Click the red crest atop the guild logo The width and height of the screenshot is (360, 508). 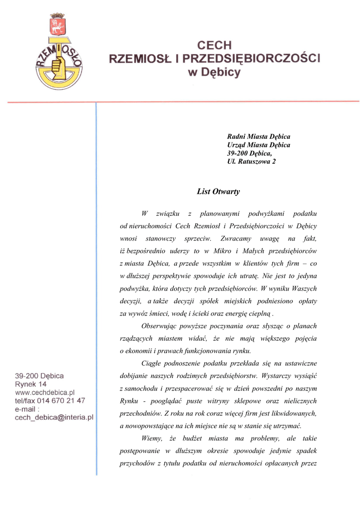58,24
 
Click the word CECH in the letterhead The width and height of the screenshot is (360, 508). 215,46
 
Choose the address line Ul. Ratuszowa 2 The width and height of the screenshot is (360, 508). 251,161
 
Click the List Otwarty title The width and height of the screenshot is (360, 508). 218,191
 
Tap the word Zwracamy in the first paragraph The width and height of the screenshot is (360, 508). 236,239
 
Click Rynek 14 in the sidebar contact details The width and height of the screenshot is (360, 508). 31,384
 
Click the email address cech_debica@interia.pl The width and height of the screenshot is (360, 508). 55,418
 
